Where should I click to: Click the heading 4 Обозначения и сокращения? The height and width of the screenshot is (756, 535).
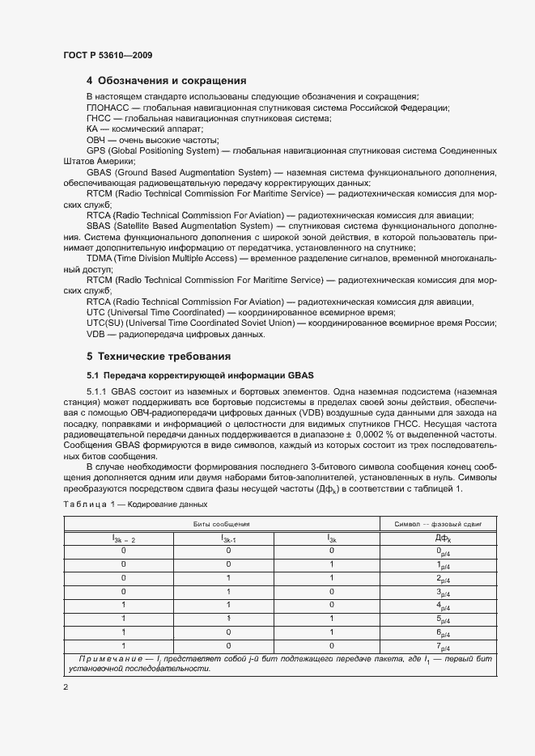166,81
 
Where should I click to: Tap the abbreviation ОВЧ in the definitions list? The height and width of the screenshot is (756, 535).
96,140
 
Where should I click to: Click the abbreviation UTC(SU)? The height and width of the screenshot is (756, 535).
104,323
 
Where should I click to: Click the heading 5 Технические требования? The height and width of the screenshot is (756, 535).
159,356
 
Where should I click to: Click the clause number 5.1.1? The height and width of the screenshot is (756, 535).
98,392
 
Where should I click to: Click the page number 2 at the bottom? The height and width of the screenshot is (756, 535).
66,686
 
